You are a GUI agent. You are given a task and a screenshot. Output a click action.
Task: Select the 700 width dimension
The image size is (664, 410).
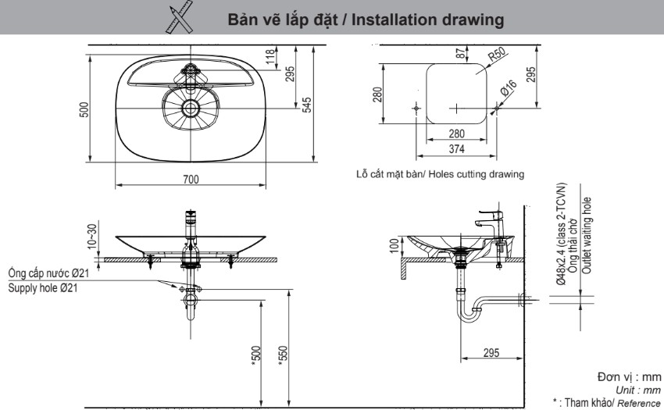tap(190, 180)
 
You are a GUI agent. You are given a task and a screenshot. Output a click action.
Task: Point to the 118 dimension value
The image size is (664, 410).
tap(270, 58)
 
